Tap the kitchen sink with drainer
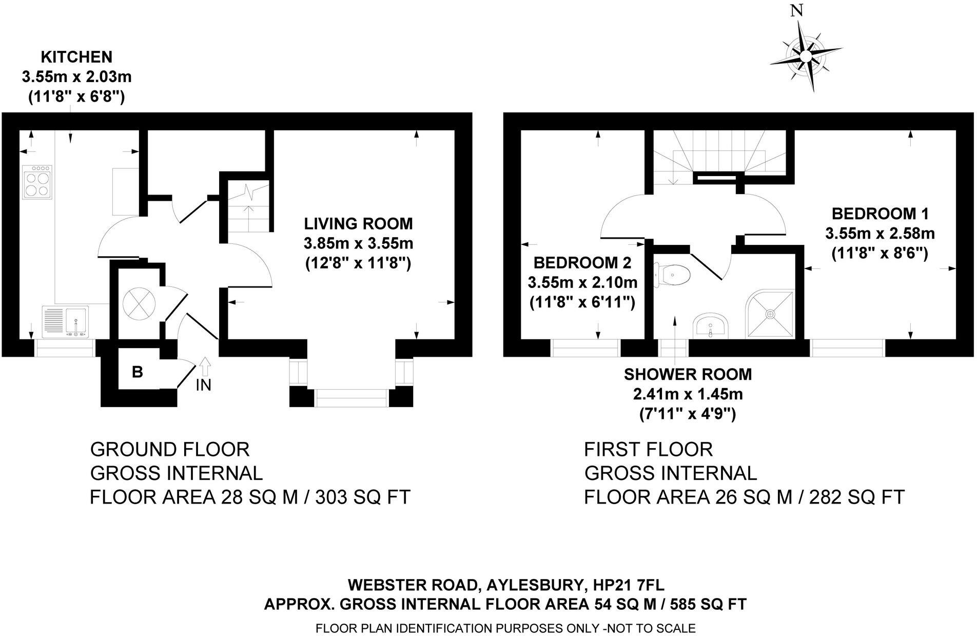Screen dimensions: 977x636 (66, 321)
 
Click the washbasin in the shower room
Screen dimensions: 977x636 (710, 327)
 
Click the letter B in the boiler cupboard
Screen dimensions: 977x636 (137, 372)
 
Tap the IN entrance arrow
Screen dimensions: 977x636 (204, 367)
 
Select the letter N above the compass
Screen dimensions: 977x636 (796, 11)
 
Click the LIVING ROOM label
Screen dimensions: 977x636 (359, 224)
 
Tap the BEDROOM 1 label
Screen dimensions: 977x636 (880, 214)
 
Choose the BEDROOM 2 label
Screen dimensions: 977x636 (582, 263)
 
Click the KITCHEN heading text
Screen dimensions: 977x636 (76, 56)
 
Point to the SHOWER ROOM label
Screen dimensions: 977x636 (688, 375)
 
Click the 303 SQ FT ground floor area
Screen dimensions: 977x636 (363, 497)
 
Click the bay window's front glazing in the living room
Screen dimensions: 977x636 (351, 398)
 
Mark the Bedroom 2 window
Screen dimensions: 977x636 (586, 348)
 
